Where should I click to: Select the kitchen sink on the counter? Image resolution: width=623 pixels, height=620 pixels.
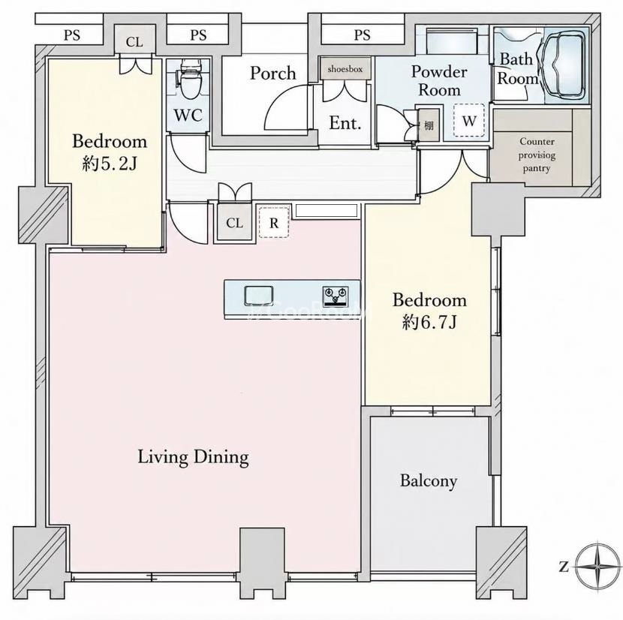pyautogui.click(x=259, y=296)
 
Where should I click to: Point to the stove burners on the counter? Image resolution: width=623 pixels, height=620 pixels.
pyautogui.click(x=336, y=296)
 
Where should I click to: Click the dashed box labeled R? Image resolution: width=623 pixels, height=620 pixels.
pyautogui.click(x=274, y=222)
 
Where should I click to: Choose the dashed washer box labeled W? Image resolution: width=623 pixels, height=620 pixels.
pyautogui.click(x=469, y=120)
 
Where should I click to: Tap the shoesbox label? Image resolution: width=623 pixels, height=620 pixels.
pyautogui.click(x=345, y=69)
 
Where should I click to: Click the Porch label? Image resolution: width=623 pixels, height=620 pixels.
pyautogui.click(x=273, y=74)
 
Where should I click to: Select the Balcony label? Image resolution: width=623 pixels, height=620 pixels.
pyautogui.click(x=429, y=481)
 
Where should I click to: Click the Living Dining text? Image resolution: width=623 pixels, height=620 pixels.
pyautogui.click(x=193, y=457)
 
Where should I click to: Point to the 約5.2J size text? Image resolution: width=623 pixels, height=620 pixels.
pyautogui.click(x=110, y=164)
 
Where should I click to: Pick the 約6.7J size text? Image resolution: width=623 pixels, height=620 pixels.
pyautogui.click(x=429, y=322)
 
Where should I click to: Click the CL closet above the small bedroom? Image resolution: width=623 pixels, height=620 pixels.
pyautogui.click(x=134, y=42)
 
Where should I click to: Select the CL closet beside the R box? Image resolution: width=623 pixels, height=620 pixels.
pyautogui.click(x=234, y=223)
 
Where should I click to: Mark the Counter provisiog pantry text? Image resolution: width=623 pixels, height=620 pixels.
pyautogui.click(x=537, y=155)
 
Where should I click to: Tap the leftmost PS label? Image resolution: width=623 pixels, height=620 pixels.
pyautogui.click(x=72, y=36)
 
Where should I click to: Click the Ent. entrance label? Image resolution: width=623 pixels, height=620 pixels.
pyautogui.click(x=345, y=123)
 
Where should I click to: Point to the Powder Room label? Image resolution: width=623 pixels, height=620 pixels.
pyautogui.click(x=439, y=80)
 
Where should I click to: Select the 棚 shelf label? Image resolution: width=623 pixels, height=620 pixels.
pyautogui.click(x=429, y=125)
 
